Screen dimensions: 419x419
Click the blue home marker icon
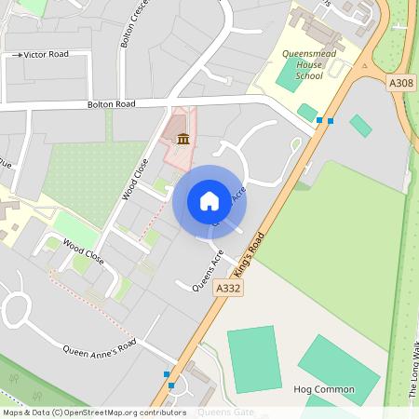[209, 201]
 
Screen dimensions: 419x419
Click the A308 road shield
[401, 84]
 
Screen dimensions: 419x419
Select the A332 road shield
[228, 290]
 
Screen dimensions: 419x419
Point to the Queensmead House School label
[310, 64]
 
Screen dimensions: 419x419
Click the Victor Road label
[47, 55]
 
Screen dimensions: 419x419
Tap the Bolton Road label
[112, 105]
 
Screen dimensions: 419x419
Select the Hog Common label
[323, 389]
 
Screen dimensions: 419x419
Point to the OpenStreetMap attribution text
[93, 412]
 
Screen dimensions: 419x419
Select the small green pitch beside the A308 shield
[360, 125]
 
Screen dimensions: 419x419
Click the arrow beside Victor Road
[18, 55]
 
